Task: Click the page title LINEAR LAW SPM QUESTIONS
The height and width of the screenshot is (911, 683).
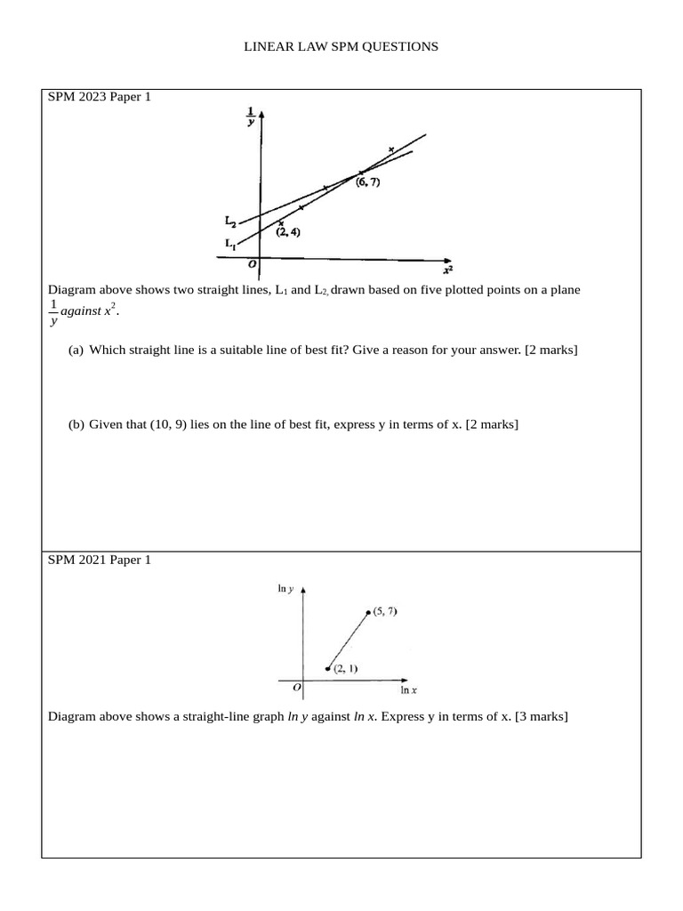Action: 341,46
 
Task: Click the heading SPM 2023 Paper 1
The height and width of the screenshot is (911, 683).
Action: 100,97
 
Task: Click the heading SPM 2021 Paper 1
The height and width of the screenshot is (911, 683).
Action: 100,560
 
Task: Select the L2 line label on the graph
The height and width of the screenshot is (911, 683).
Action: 230,220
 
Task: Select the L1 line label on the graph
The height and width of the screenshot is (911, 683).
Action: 230,243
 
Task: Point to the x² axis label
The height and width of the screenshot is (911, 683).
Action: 447,269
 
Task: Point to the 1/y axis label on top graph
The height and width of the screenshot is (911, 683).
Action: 250,117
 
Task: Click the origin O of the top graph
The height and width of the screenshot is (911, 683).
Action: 253,263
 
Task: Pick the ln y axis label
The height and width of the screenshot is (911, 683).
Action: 286,589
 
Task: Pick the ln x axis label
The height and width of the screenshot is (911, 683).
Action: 410,689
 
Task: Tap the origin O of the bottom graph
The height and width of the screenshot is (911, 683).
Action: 297,687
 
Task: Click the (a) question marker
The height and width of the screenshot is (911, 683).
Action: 76,350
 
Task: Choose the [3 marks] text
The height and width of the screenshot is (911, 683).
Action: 536,716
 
